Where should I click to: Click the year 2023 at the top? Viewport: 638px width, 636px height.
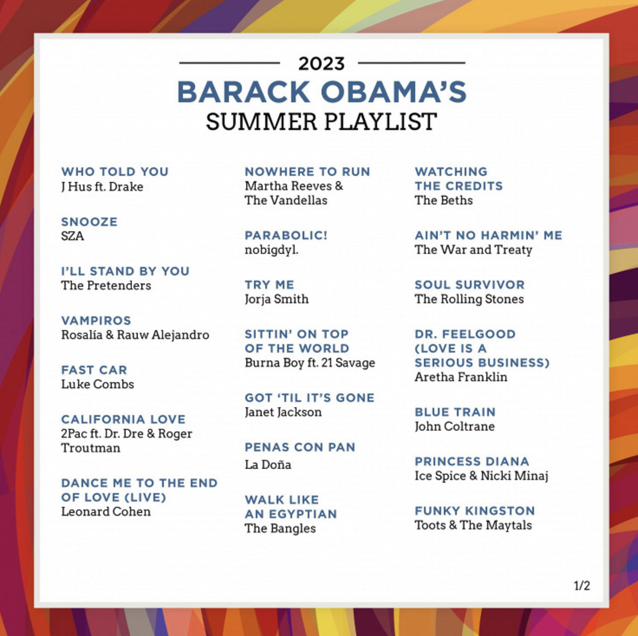pyautogui.click(x=321, y=64)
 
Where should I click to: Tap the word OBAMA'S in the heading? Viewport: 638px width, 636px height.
pyautogui.click(x=394, y=92)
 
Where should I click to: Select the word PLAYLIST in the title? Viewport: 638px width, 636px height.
pyautogui.click(x=380, y=121)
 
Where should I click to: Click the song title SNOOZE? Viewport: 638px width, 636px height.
pyautogui.click(x=89, y=222)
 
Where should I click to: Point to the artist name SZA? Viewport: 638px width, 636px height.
pyautogui.click(x=72, y=236)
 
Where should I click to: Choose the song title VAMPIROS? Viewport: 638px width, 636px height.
pyautogui.click(x=96, y=321)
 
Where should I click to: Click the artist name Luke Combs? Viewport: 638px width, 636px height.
pyautogui.click(x=98, y=384)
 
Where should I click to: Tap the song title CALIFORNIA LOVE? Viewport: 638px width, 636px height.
pyautogui.click(x=123, y=419)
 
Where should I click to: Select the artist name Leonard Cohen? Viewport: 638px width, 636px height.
pyautogui.click(x=106, y=512)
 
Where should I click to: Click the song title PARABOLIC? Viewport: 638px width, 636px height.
pyautogui.click(x=286, y=235)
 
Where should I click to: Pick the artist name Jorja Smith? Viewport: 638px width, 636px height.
pyautogui.click(x=277, y=299)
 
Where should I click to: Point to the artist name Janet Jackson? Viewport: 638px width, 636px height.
pyautogui.click(x=283, y=412)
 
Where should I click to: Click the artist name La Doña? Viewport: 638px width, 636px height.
pyautogui.click(x=268, y=465)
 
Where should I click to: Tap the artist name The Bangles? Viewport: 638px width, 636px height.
pyautogui.click(x=280, y=529)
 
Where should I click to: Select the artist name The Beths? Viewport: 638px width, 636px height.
pyautogui.click(x=444, y=200)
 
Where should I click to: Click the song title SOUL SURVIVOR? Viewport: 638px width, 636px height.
pyautogui.click(x=469, y=285)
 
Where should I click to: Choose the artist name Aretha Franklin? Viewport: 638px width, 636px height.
pyautogui.click(x=461, y=377)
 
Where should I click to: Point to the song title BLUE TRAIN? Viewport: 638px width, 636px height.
pyautogui.click(x=455, y=412)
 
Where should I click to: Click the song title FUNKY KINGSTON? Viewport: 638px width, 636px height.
pyautogui.click(x=475, y=511)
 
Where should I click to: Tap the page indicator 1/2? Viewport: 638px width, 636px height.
pyautogui.click(x=582, y=586)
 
